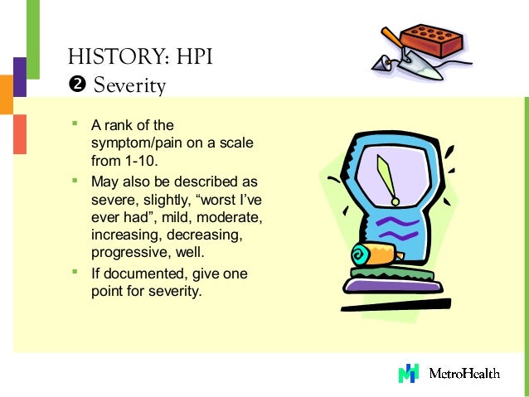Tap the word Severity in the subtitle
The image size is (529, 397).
coord(129,85)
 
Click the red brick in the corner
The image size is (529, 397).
coord(431,41)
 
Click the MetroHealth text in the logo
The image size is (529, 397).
coord(463,374)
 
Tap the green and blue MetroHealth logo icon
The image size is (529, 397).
coord(409,373)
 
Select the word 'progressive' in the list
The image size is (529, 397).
coord(126,253)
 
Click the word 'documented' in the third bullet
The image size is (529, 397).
coord(138,274)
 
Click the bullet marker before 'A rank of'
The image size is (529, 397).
coord(75,124)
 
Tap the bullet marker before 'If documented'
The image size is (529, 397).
coord(75,272)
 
